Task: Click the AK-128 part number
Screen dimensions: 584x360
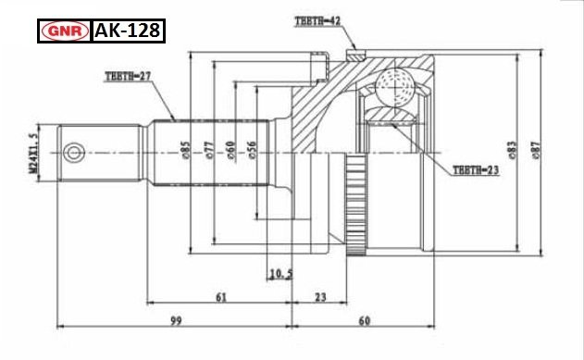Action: coord(128,31)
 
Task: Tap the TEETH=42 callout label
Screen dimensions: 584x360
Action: coord(317,21)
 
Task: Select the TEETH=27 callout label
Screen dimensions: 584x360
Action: coord(128,76)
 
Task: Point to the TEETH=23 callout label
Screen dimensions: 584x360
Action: coord(476,170)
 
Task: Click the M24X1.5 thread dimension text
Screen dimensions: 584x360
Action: coord(33,153)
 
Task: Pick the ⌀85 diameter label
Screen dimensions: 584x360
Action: coord(185,150)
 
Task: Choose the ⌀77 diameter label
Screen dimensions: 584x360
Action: coord(209,150)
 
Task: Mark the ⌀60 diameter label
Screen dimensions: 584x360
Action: coord(230,150)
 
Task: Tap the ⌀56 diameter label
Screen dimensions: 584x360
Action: coord(252,150)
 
